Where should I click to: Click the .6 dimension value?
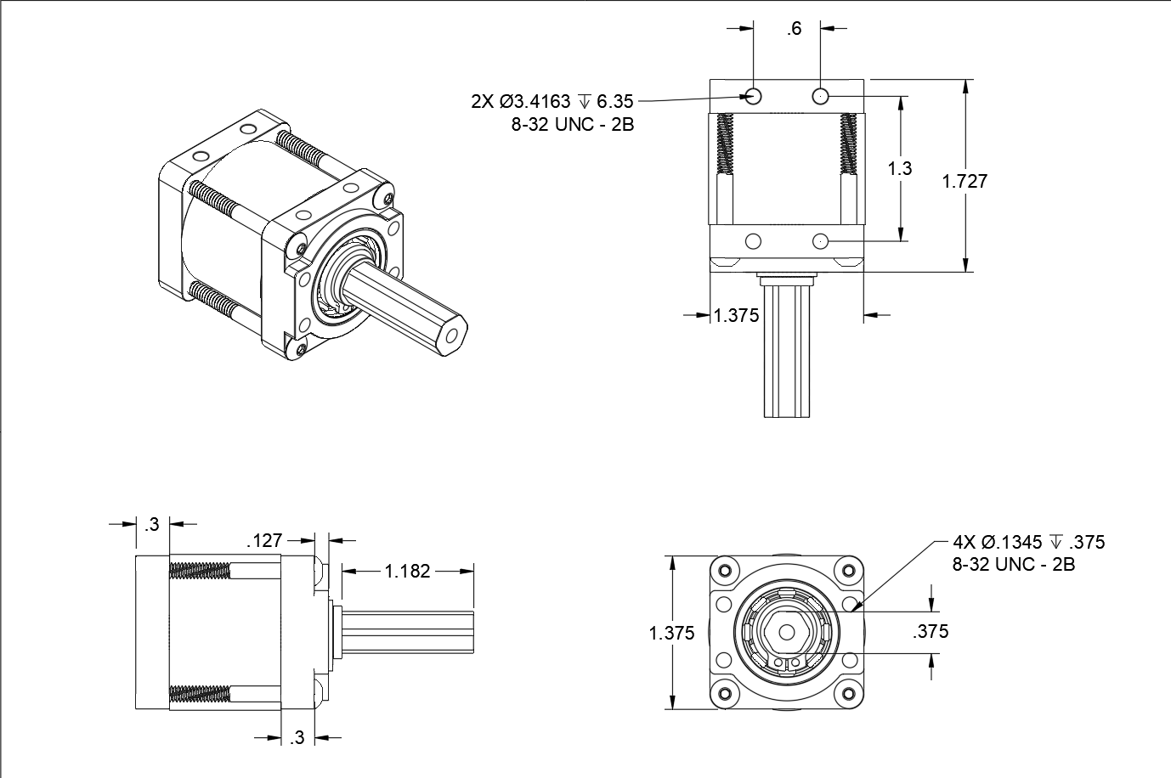[x=794, y=29]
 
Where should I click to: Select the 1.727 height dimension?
[x=965, y=181]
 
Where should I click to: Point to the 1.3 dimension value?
[x=900, y=168]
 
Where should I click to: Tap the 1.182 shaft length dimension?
[x=408, y=571]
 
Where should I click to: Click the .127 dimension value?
[x=264, y=540]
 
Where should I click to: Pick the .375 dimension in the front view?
[x=931, y=631]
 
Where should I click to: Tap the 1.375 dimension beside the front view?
[x=671, y=633]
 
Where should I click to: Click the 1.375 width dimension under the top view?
[x=736, y=315]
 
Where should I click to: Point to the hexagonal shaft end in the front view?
[x=786, y=633]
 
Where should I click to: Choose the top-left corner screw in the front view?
[x=724, y=570]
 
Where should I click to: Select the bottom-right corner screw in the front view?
[x=848, y=695]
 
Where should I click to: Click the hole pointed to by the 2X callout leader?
[x=754, y=95]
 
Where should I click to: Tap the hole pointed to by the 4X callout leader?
[x=850, y=604]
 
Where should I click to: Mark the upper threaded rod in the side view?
[x=200, y=571]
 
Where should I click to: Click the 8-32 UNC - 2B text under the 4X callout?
[x=1013, y=565]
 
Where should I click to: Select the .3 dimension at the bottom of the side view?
[x=297, y=737]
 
